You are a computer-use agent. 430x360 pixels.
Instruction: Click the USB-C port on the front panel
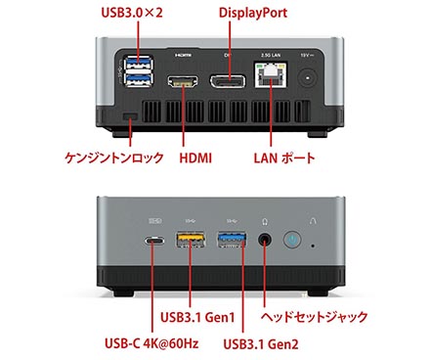pyautogui.click(x=156, y=246)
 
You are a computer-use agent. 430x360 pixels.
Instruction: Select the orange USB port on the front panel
pyautogui.click(x=190, y=245)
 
